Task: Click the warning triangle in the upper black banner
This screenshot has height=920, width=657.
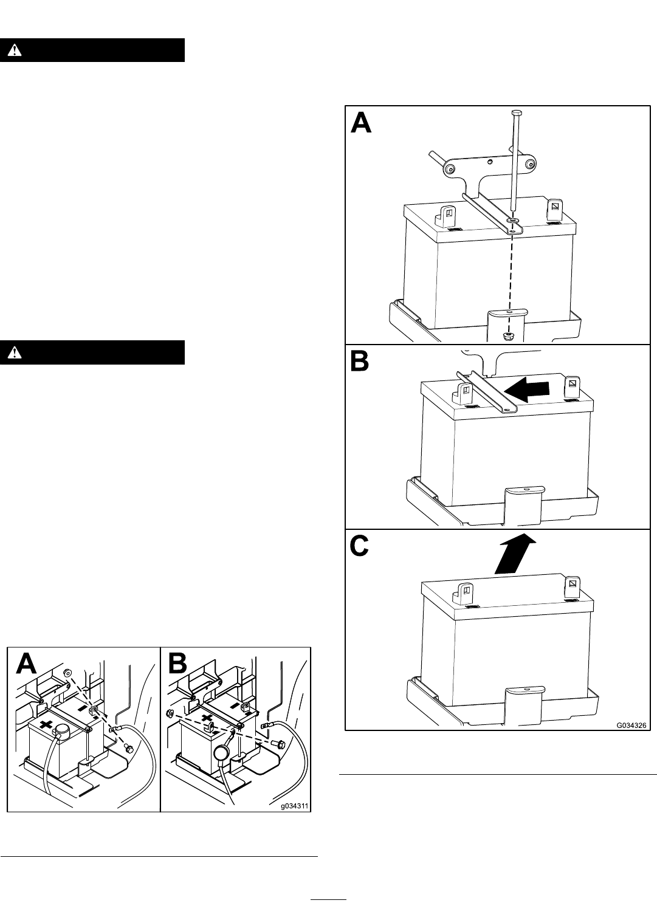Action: coord(15,50)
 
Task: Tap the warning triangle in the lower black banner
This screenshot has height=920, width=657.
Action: coord(15,352)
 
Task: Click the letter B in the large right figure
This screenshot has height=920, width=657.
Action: coord(360,362)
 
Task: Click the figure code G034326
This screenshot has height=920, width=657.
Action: coord(631,726)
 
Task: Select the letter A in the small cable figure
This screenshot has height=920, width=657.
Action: coord(26,665)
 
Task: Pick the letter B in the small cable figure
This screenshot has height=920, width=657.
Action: coord(177,665)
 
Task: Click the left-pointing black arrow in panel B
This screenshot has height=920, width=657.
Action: coord(526,388)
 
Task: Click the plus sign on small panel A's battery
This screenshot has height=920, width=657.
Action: coord(46,723)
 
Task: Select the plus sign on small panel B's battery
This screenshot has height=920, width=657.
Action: coord(207,718)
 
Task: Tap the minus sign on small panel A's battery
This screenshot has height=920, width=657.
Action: coord(83,709)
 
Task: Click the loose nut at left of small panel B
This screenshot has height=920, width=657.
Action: coord(170,713)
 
